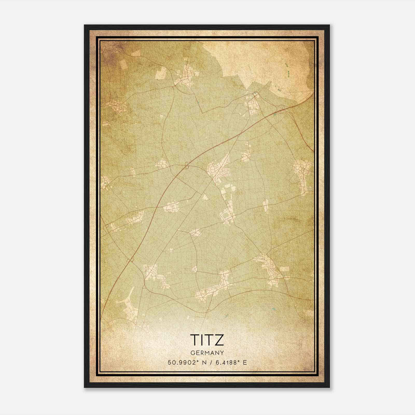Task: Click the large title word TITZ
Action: (x=207, y=340)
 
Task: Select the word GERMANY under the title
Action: (x=207, y=353)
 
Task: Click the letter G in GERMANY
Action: (x=192, y=353)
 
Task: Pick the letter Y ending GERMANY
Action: (x=222, y=353)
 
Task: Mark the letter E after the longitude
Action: (x=245, y=362)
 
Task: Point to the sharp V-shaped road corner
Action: (x=203, y=112)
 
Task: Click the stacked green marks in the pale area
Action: (x=288, y=70)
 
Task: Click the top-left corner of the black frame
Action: (x=85, y=25)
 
